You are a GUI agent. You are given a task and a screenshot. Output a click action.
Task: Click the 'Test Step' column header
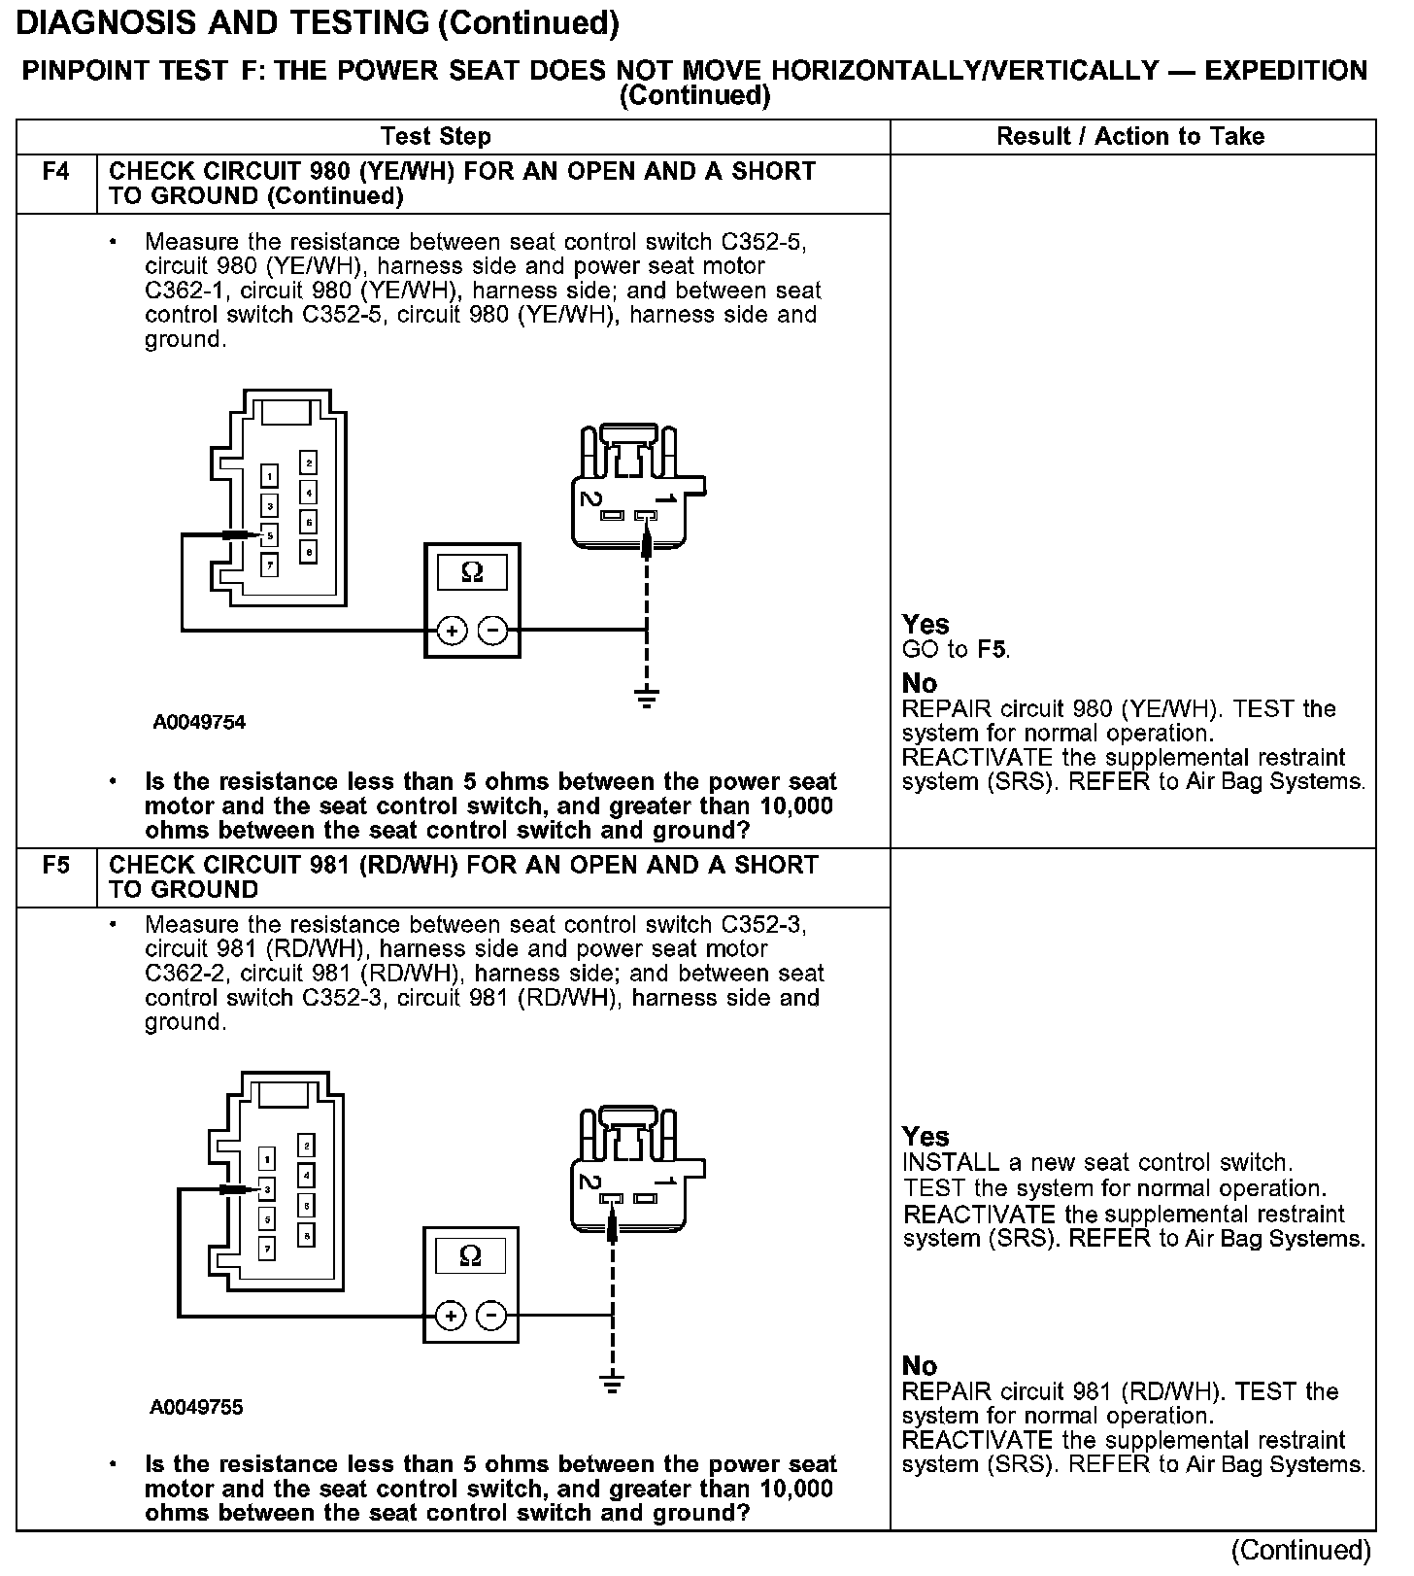pyautogui.click(x=435, y=136)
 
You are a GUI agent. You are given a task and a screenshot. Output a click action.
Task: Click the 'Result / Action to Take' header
pyautogui.click(x=1130, y=136)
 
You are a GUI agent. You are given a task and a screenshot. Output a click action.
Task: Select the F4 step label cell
pyautogui.click(x=56, y=172)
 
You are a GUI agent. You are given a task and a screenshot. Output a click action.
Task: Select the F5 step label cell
pyautogui.click(x=56, y=865)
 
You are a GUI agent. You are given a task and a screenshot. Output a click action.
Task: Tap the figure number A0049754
pyautogui.click(x=199, y=722)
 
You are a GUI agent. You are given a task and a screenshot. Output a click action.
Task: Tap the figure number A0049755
pyautogui.click(x=197, y=1407)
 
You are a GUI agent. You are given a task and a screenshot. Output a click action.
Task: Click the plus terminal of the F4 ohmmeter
pyautogui.click(x=451, y=631)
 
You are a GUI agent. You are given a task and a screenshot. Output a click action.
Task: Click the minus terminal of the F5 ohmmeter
pyautogui.click(x=492, y=1316)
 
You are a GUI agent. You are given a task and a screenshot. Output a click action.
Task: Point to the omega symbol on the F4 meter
pyautogui.click(x=472, y=572)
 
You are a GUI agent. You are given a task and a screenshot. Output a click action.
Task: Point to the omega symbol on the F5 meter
pyautogui.click(x=471, y=1256)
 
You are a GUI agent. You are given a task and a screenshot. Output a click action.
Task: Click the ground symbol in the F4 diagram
pyautogui.click(x=647, y=697)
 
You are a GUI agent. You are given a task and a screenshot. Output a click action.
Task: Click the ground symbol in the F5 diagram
pyautogui.click(x=612, y=1383)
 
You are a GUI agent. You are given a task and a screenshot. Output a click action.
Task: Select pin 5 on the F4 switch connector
pyautogui.click(x=269, y=534)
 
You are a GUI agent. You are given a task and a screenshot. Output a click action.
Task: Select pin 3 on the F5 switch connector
pyautogui.click(x=267, y=1188)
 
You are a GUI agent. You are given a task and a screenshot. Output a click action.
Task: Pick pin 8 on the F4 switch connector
pyautogui.click(x=308, y=552)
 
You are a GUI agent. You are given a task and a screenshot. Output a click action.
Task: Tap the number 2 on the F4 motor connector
pyautogui.click(x=589, y=497)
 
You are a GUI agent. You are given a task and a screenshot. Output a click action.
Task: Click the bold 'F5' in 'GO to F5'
pyautogui.click(x=992, y=649)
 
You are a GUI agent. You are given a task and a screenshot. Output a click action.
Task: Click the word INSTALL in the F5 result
pyautogui.click(x=937, y=1162)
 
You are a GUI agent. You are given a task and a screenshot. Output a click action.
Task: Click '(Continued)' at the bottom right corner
pyautogui.click(x=1301, y=1549)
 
